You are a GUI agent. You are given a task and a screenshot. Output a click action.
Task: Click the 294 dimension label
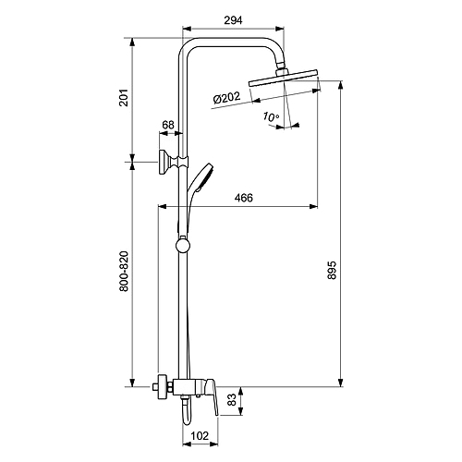(233, 20)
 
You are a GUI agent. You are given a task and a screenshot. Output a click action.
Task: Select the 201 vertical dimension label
(124, 98)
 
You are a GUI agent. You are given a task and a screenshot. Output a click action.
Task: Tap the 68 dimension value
(168, 125)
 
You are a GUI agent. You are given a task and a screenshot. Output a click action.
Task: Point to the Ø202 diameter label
(226, 98)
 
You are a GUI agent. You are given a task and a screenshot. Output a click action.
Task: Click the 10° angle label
(271, 116)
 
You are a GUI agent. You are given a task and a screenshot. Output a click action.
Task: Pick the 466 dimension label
(244, 198)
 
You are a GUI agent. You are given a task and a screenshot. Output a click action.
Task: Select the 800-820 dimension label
(124, 272)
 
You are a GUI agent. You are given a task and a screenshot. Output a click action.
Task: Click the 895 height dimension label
(332, 270)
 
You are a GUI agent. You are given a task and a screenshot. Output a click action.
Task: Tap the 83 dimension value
(233, 399)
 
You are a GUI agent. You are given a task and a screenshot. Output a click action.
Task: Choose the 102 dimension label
(200, 436)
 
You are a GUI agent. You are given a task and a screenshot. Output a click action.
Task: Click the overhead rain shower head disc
(284, 78)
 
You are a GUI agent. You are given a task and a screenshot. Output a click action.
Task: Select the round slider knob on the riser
(183, 245)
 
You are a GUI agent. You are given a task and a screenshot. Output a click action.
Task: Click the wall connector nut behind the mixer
(163, 387)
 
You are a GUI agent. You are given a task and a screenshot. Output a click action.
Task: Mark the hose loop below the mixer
(187, 412)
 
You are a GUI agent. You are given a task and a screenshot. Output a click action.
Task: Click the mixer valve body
(188, 387)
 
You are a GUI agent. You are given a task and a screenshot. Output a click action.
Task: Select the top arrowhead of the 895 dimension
(340, 85)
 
